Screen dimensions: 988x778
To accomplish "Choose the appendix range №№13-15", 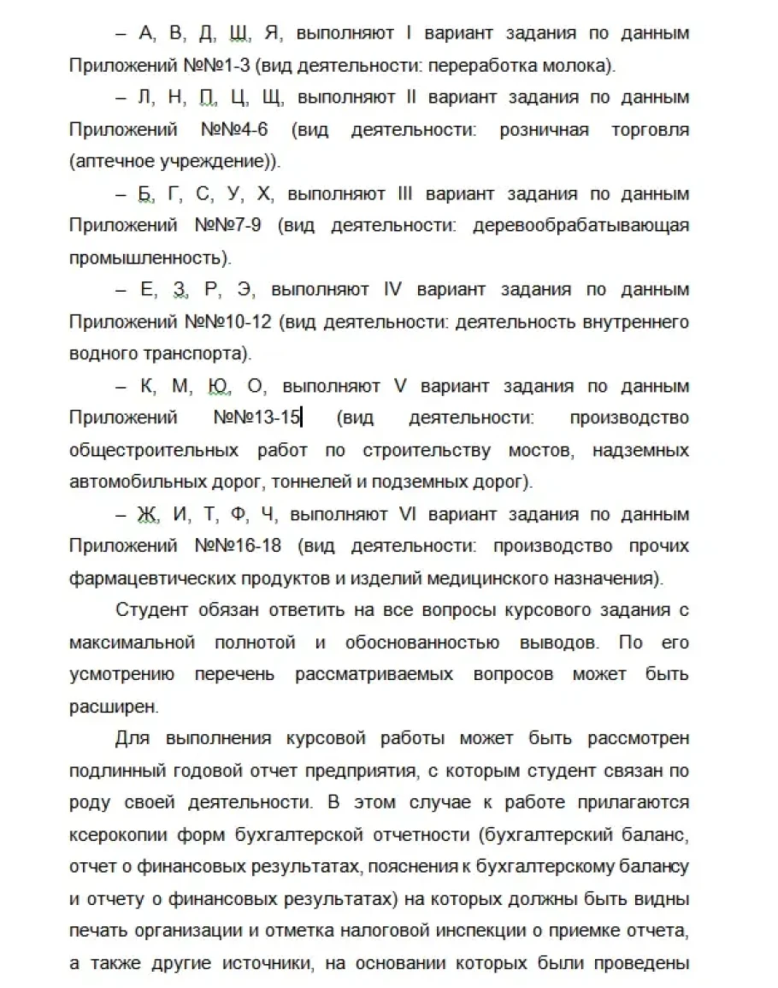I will pos(256,418).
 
